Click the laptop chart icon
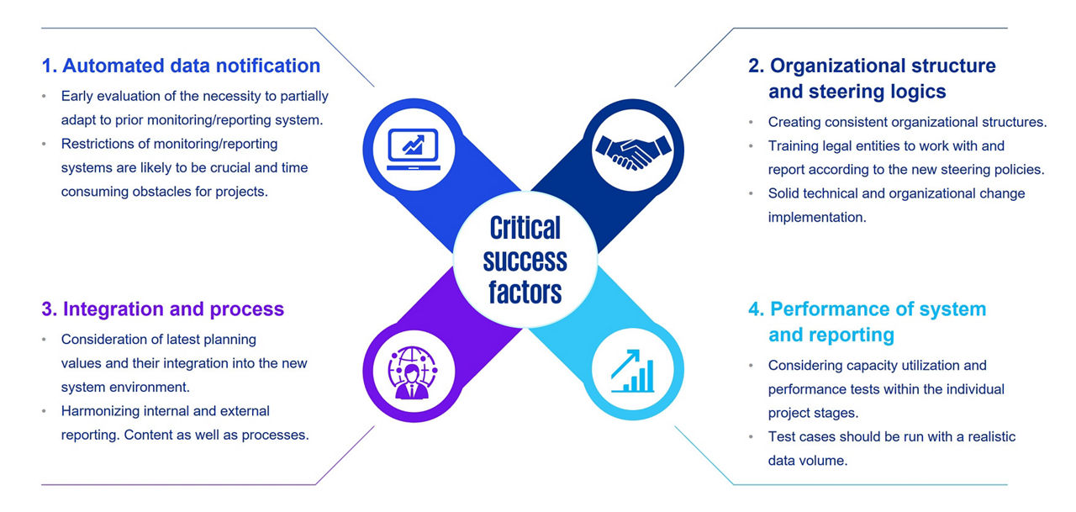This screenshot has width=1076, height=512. (x=413, y=149)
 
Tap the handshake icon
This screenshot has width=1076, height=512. (x=634, y=149)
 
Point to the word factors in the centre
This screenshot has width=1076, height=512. (x=525, y=292)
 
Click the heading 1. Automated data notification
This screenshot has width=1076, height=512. (x=181, y=66)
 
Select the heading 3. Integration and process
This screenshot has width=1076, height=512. (x=162, y=309)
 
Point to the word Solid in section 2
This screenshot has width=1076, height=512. (x=783, y=193)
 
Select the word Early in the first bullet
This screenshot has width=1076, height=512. (x=78, y=96)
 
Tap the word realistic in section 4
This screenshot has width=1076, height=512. (x=980, y=436)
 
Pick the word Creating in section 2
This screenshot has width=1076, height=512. (x=794, y=122)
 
